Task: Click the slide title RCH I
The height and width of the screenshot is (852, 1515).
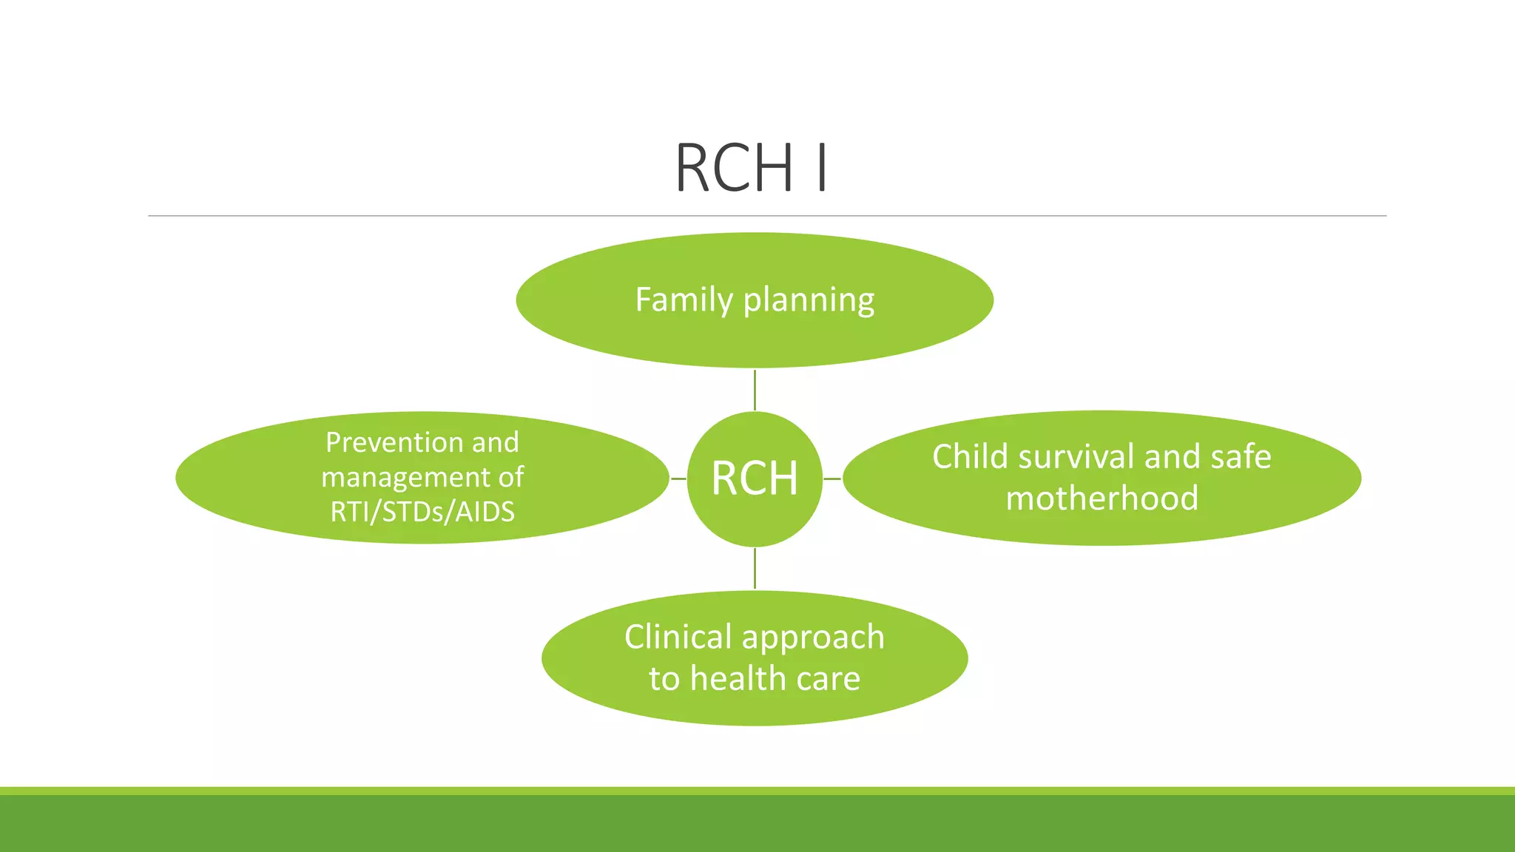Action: click(x=752, y=169)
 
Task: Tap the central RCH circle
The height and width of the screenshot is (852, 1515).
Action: click(x=755, y=479)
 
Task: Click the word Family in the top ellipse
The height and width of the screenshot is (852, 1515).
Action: click(x=684, y=300)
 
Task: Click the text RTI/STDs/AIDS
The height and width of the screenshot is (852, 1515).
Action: click(x=422, y=512)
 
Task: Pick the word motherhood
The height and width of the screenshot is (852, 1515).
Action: click(x=1101, y=498)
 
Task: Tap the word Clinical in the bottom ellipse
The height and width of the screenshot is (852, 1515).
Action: click(x=678, y=637)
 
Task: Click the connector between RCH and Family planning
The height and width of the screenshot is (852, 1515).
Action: click(x=755, y=390)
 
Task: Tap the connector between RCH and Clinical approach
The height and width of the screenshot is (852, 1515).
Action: click(x=755, y=568)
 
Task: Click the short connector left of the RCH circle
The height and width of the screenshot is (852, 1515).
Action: click(x=678, y=479)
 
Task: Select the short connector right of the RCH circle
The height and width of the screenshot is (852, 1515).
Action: click(x=832, y=479)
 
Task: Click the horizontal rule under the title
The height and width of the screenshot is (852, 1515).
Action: click(x=766, y=216)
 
